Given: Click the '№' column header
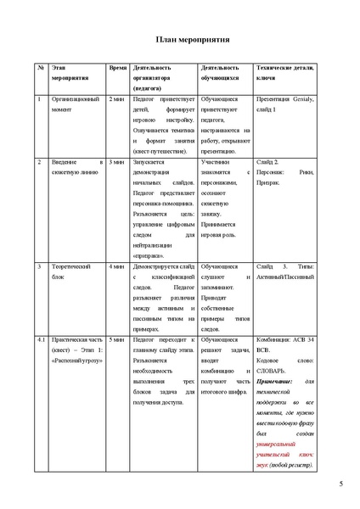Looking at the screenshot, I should (x=38, y=67).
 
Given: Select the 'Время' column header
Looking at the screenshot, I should (x=118, y=67).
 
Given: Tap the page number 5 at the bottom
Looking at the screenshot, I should (x=340, y=484).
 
